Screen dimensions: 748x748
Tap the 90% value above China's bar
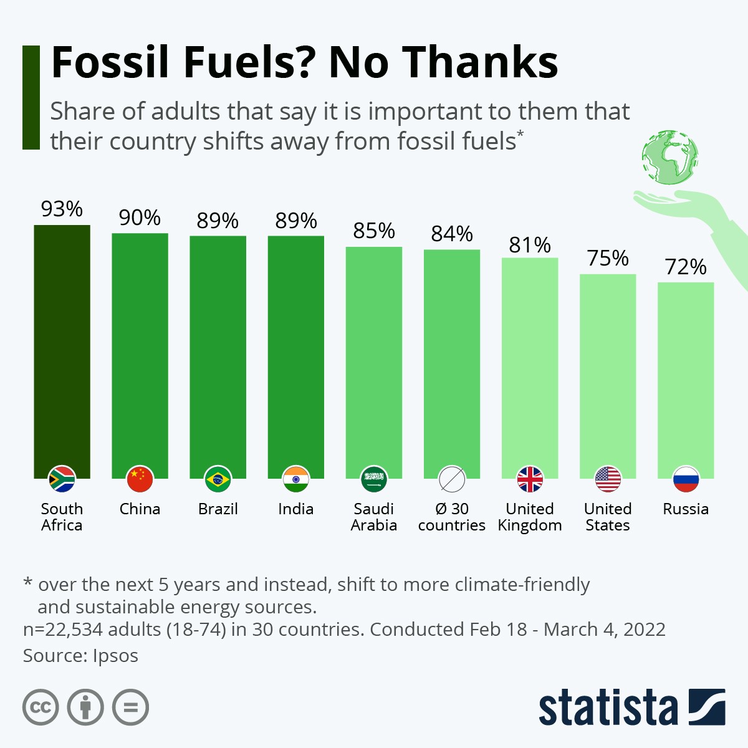[140, 218]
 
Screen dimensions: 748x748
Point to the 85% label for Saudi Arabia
[374, 231]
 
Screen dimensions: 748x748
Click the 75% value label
[608, 258]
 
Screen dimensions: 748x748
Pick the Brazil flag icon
[218, 479]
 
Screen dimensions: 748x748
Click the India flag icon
[295, 479]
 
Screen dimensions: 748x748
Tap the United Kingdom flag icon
[530, 479]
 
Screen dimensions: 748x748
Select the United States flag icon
[608, 479]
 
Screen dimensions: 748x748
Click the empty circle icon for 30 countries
[452, 479]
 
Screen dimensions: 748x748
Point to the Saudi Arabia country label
[374, 517]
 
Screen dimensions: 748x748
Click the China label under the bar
[140, 509]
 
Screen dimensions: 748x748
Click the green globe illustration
[670, 158]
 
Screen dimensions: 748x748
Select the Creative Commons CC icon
[41, 707]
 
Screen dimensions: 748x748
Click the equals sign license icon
[131, 707]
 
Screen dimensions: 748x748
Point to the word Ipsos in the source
[115, 656]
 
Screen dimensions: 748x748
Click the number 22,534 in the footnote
[74, 630]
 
